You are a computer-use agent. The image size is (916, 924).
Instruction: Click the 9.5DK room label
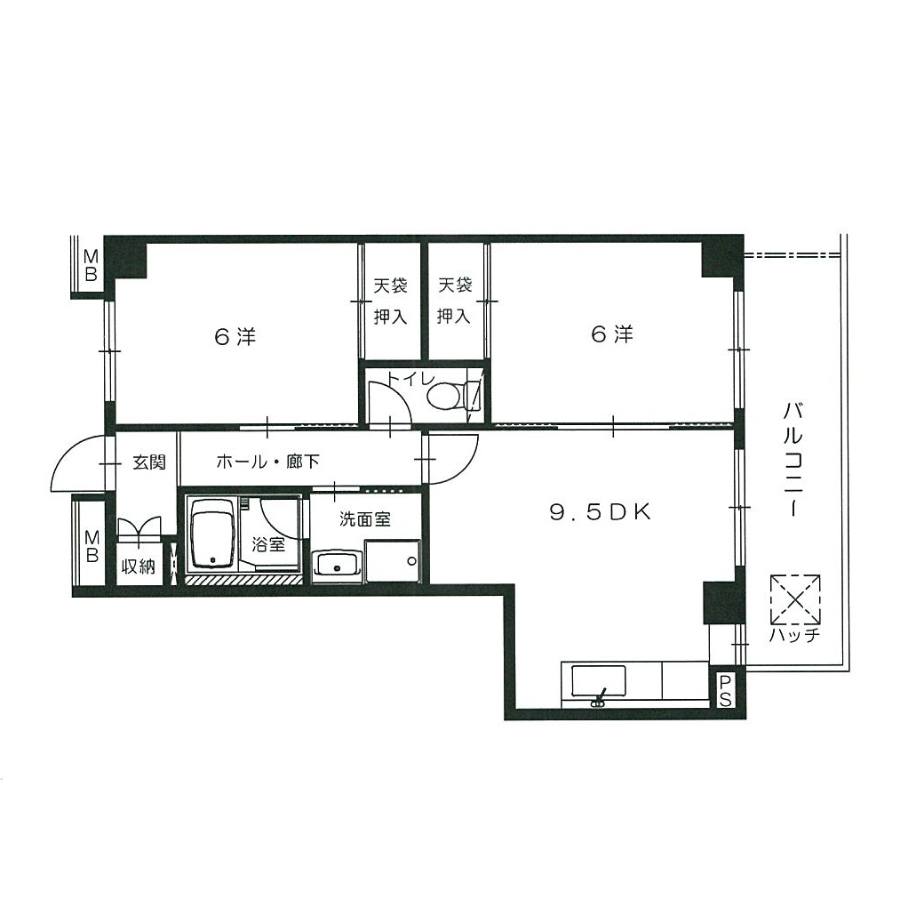click(x=601, y=512)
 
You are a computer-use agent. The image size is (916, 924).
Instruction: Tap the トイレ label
click(x=410, y=378)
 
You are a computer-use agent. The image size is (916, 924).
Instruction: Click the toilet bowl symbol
click(x=453, y=396)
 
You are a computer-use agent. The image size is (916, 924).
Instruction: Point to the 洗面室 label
click(x=365, y=519)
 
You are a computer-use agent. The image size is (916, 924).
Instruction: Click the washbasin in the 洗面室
click(x=337, y=566)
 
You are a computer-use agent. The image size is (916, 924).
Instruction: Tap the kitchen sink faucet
click(x=599, y=698)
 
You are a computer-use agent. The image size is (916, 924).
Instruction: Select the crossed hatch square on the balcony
click(x=795, y=599)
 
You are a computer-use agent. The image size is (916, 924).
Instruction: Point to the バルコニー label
click(x=793, y=459)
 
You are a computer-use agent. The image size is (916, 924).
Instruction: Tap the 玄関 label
click(x=149, y=462)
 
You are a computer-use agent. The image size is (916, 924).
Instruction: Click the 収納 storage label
click(x=139, y=566)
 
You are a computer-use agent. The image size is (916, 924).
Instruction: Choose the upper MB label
click(x=91, y=265)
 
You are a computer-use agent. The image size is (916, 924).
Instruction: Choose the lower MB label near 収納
click(x=92, y=546)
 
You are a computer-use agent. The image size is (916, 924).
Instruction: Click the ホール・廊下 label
click(x=267, y=462)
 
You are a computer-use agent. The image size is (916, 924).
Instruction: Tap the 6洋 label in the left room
click(x=235, y=337)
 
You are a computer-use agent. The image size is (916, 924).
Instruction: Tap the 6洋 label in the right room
click(x=611, y=334)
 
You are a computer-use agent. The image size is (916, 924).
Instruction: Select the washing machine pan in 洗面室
click(x=392, y=561)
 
